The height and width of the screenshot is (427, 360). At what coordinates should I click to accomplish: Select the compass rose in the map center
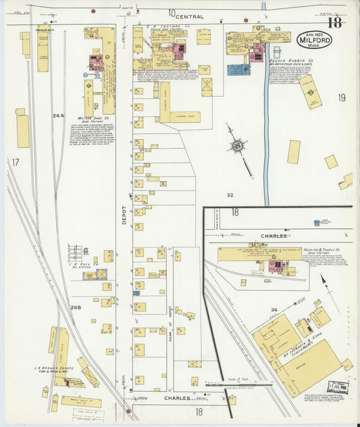pos(237,145)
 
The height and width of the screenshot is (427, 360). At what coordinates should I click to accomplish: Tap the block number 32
pos(230,195)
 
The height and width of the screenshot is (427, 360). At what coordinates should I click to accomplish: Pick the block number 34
pos(274,310)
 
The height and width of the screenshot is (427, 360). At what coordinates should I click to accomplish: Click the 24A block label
pos(58,116)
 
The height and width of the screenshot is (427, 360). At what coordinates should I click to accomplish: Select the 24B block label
pos(76,307)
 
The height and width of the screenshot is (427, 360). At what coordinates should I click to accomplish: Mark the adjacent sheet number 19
pos(341,97)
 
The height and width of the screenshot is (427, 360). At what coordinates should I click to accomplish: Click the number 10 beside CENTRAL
pos(172,13)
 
